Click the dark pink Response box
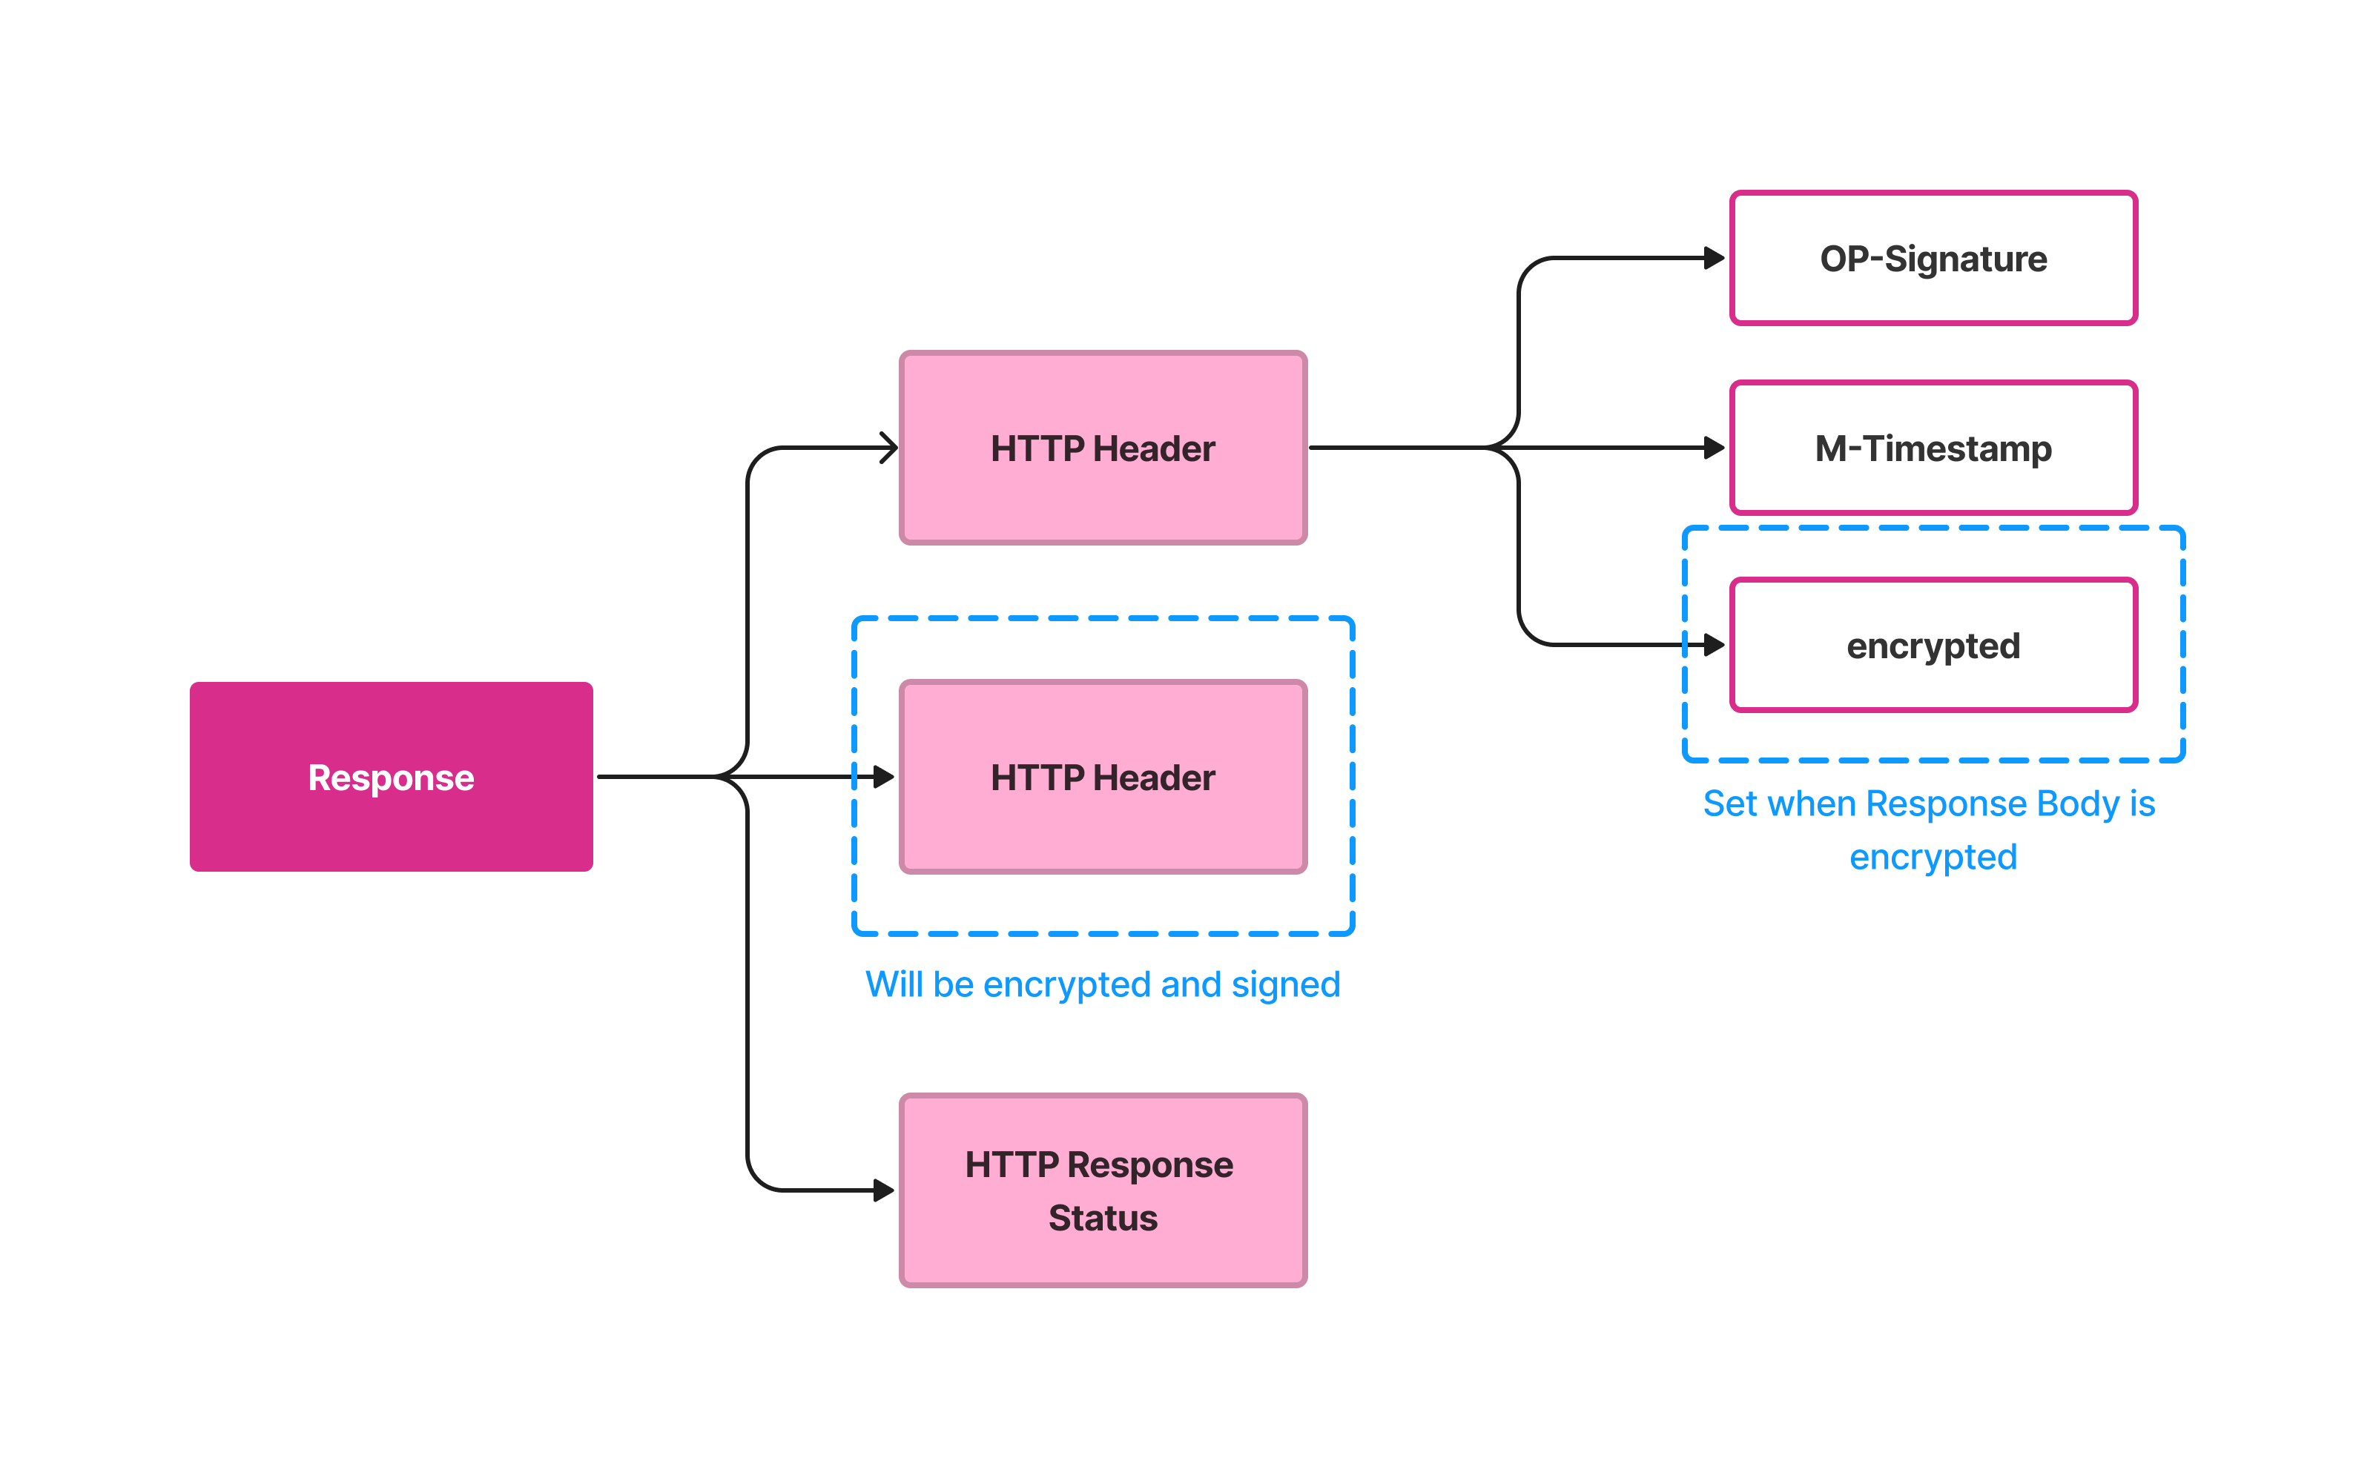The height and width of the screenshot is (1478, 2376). coord(391,777)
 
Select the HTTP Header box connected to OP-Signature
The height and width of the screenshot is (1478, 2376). coord(1103,448)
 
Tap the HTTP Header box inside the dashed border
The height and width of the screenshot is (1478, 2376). coord(1103,777)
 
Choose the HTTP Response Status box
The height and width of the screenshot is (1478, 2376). coord(1103,1190)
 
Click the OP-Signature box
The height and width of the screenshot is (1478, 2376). coord(1933,258)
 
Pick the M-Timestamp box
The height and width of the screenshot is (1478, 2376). coord(1933,448)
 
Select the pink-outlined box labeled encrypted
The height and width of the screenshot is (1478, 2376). coord(1933,645)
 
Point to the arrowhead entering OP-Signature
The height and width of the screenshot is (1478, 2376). coord(1714,258)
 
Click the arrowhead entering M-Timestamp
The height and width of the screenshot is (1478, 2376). coord(1714,448)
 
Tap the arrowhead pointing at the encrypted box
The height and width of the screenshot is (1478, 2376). coord(1714,645)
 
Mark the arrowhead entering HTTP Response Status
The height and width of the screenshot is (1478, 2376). coord(884,1190)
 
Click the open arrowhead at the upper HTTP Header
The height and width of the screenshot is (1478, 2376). coord(890,448)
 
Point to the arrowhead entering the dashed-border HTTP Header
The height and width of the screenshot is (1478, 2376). coord(884,777)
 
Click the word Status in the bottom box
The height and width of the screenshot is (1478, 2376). coord(1103,1218)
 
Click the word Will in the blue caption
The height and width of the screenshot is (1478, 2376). coord(894,984)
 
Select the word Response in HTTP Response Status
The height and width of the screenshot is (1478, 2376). coord(1150,1166)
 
